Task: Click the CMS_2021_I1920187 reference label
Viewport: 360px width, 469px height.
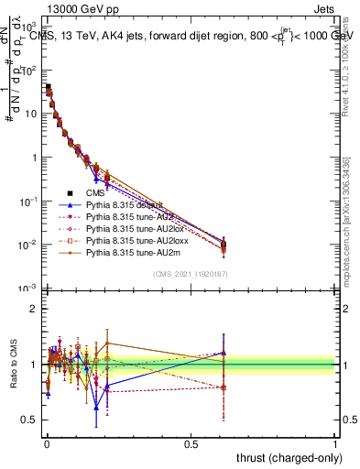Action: tap(191, 275)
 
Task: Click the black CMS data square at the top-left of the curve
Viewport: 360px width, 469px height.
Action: tap(48, 87)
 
